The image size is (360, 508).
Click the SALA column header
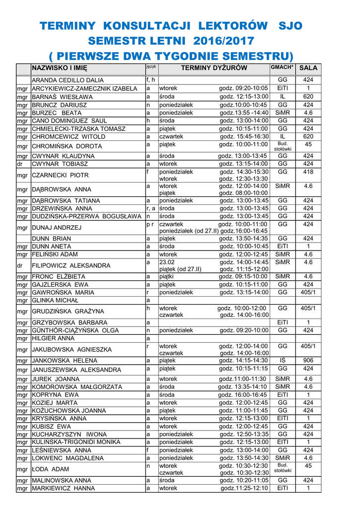pyautogui.click(x=308, y=68)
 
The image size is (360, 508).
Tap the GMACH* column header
pyautogui.click(x=283, y=67)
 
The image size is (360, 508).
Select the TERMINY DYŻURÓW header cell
pyautogui.click(x=214, y=68)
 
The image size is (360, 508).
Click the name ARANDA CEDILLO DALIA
pyautogui.click(x=68, y=80)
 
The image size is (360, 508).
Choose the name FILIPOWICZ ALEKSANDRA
pyautogui.click(x=71, y=265)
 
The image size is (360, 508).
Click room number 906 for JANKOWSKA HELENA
pyautogui.click(x=308, y=361)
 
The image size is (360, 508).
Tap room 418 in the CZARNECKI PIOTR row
pyautogui.click(x=308, y=172)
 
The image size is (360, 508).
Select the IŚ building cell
pyautogui.click(x=283, y=361)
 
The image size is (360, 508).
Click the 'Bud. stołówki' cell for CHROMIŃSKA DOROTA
pyautogui.click(x=283, y=146)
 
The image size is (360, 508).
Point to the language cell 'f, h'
pyautogui.click(x=150, y=80)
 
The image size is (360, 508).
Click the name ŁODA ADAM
pyautogui.click(x=51, y=469)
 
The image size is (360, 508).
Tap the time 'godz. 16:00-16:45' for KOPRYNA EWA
pyautogui.click(x=243, y=395)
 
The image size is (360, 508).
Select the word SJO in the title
pyautogui.click(x=291, y=26)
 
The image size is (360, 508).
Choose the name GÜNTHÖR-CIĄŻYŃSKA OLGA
pyautogui.click(x=75, y=330)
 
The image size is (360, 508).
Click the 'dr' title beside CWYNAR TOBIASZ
pyautogui.click(x=20, y=164)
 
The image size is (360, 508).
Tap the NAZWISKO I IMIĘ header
pyautogui.click(x=60, y=68)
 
